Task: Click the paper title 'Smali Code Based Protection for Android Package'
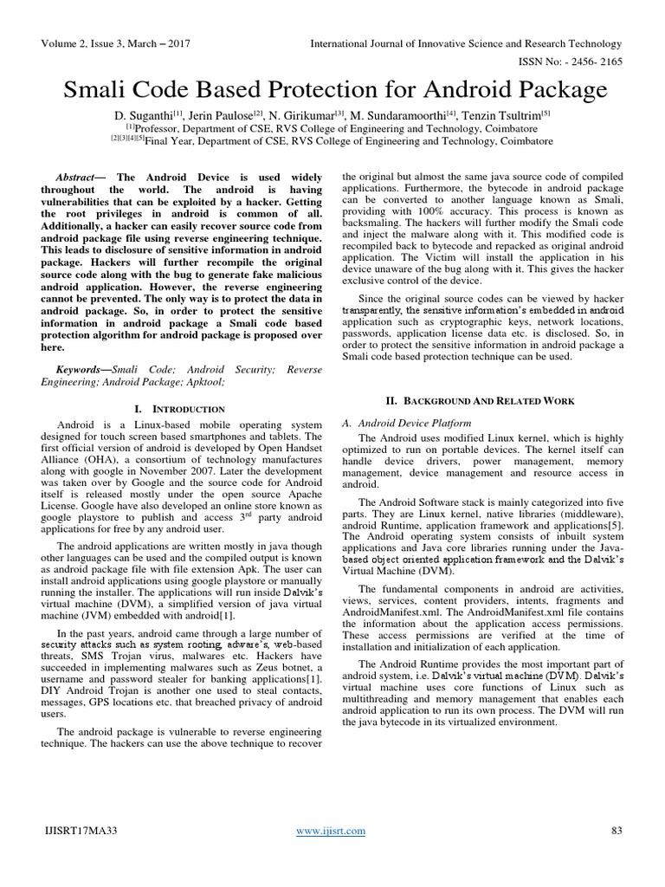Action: click(332, 90)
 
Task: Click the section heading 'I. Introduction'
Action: click(182, 408)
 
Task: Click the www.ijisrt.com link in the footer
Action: click(331, 831)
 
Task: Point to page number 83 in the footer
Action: click(617, 831)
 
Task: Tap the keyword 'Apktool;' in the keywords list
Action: click(202, 380)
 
